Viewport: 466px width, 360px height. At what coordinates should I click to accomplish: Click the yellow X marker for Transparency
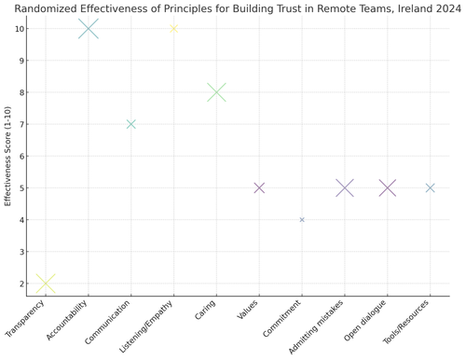tap(45, 284)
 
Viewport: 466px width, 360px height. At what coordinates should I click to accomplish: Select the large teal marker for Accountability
tap(89, 29)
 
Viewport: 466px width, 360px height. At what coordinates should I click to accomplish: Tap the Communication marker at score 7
tap(131, 124)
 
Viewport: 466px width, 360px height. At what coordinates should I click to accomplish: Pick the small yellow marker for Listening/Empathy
tap(173, 29)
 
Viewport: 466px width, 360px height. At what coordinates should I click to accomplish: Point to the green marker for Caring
tap(216, 92)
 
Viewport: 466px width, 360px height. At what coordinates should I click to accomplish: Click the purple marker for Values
tap(259, 187)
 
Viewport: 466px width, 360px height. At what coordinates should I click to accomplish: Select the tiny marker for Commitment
tap(302, 220)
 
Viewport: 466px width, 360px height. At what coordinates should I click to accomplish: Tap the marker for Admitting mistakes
tap(345, 187)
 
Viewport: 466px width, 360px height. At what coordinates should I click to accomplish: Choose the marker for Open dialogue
tap(388, 187)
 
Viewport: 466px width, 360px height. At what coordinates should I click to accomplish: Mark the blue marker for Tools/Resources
tap(431, 187)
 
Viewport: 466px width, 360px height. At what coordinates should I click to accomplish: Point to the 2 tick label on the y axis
tap(22, 284)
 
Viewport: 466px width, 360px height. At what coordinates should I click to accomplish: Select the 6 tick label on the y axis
tap(22, 156)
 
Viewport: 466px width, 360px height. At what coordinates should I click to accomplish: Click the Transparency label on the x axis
tap(25, 320)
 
